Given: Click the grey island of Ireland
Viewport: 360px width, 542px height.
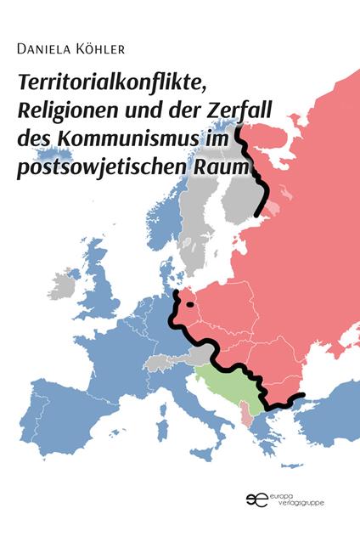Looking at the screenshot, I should [x=61, y=281].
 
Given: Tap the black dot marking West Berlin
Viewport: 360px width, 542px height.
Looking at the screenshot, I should [x=191, y=304].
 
